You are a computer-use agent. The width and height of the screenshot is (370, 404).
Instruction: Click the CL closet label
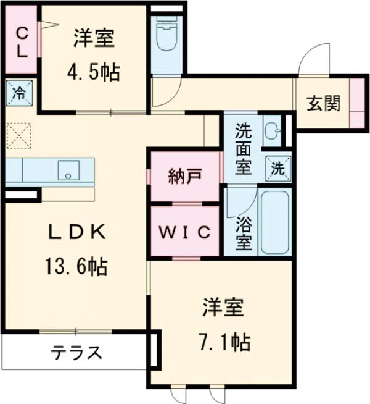point(20,41)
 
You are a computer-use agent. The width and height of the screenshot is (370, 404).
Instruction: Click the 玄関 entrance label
point(323,104)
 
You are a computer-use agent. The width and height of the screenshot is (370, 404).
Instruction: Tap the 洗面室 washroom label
point(243,149)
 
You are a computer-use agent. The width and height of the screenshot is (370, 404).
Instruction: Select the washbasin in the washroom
point(271,130)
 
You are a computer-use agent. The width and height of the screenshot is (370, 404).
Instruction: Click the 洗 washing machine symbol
point(277,166)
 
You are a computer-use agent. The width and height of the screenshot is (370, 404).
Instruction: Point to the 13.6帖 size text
point(76,267)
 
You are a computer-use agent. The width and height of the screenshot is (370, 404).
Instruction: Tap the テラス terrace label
point(75,353)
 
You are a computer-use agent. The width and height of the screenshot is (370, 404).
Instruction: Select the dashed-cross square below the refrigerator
point(19,134)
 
